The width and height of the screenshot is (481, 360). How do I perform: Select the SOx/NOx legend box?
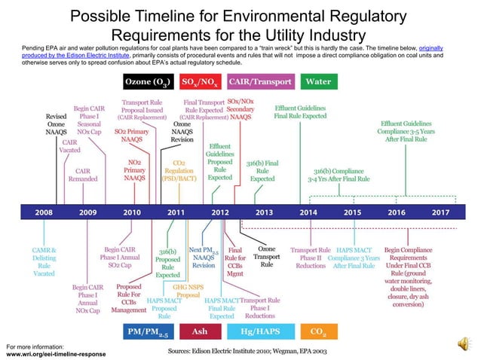click(201, 81)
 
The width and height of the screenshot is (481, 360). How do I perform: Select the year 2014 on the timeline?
click(308, 213)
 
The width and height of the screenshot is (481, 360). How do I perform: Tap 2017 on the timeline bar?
click(440, 213)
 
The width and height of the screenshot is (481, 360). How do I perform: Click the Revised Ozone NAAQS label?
click(57, 124)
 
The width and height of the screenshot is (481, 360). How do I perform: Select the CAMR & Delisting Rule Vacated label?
click(44, 261)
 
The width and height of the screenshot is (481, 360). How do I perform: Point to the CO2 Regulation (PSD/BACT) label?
click(179, 170)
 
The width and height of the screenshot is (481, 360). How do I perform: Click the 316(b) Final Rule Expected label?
click(262, 171)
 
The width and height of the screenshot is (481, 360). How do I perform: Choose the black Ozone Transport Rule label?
click(266, 257)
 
